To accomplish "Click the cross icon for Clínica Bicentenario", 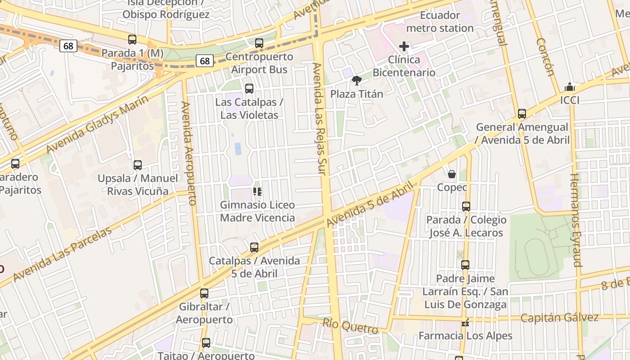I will (404, 46).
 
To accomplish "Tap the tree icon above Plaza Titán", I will (357, 81).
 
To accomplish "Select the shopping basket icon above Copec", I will (452, 174).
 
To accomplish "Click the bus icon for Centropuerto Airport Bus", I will (259, 43).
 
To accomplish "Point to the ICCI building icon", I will (570, 87).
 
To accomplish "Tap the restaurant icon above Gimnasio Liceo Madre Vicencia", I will (257, 192).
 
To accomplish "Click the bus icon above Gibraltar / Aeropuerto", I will (204, 293).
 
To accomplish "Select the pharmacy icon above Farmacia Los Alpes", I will (465, 323).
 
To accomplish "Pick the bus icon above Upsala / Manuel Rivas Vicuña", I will (138, 165).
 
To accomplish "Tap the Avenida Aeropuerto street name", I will (189, 153).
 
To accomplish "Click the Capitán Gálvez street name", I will (559, 318).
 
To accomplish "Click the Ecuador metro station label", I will (440, 22).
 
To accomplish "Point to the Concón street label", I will (545, 57).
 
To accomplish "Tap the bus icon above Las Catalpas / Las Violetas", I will (249, 89).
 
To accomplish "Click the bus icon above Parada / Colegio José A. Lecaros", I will (466, 207).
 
